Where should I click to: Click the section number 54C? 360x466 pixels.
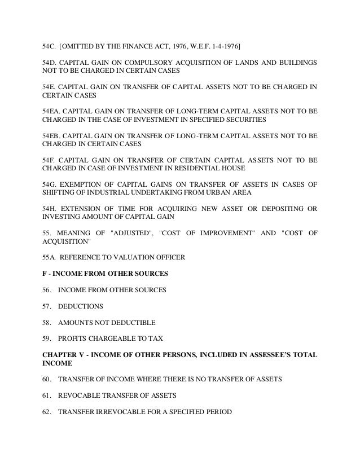point(50,44)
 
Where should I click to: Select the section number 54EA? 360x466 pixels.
point(52,111)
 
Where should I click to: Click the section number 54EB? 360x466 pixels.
point(52,136)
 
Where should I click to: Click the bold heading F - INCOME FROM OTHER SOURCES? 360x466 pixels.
point(104,274)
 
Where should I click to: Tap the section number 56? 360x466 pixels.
point(47,291)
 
